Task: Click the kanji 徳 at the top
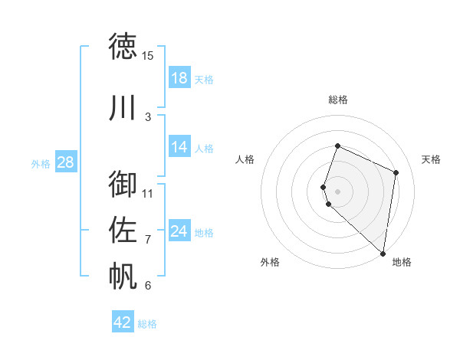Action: (x=123, y=47)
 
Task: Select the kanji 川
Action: (x=123, y=107)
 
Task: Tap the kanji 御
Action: (x=123, y=184)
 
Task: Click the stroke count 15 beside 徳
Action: (x=148, y=56)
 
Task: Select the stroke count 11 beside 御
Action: (x=148, y=193)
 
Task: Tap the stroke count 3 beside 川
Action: (x=148, y=116)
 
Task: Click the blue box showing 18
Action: (x=179, y=78)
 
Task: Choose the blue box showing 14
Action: (x=179, y=147)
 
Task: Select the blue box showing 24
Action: (x=179, y=231)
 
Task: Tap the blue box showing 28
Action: (x=65, y=162)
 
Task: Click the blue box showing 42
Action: (x=123, y=322)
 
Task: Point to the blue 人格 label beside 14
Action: (x=204, y=149)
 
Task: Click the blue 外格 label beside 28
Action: (x=41, y=164)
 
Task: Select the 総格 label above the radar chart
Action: (x=338, y=100)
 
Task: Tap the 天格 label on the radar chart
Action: (x=431, y=159)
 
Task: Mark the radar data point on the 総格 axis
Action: (x=337, y=146)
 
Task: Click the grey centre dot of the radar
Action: (x=337, y=190)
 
